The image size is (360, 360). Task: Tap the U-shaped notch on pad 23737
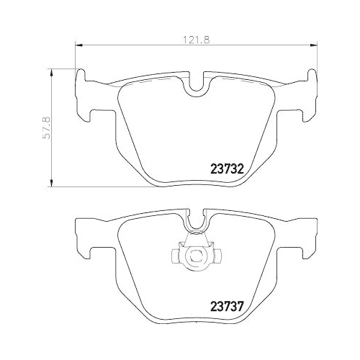pos(196,225)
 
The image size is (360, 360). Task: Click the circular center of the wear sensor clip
pos(194,256)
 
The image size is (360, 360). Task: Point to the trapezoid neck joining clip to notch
pos(195,238)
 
